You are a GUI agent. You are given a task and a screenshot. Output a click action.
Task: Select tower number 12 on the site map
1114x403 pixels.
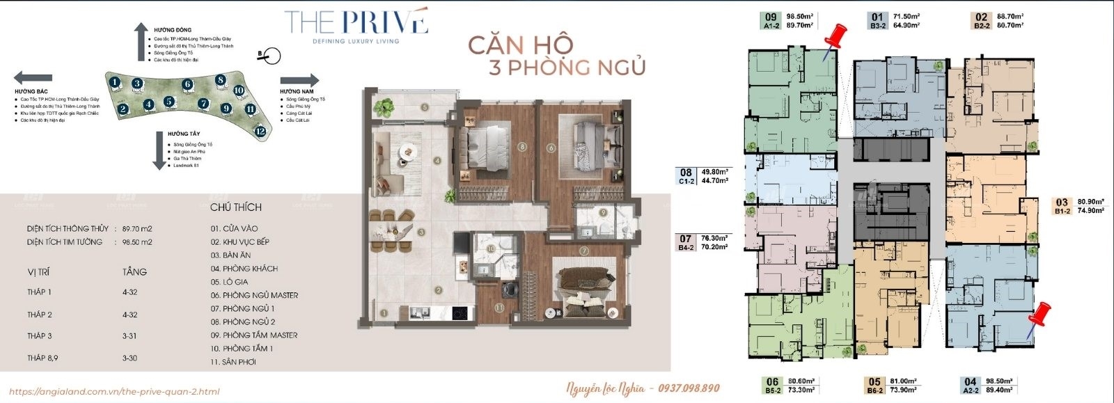[x=260, y=130]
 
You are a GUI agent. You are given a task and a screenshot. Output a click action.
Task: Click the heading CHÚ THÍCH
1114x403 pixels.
[x=235, y=207]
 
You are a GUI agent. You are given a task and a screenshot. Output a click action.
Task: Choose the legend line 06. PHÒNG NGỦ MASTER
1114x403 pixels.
[x=254, y=295]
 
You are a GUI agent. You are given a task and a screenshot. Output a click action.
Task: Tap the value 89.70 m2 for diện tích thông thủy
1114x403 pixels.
[x=136, y=228]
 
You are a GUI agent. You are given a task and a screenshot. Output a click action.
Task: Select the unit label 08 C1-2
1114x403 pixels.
[x=687, y=175]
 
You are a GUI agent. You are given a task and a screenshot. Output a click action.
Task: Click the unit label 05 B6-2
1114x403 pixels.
[x=875, y=385]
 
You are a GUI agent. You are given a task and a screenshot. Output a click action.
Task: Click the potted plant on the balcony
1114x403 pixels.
[x=384, y=107]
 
